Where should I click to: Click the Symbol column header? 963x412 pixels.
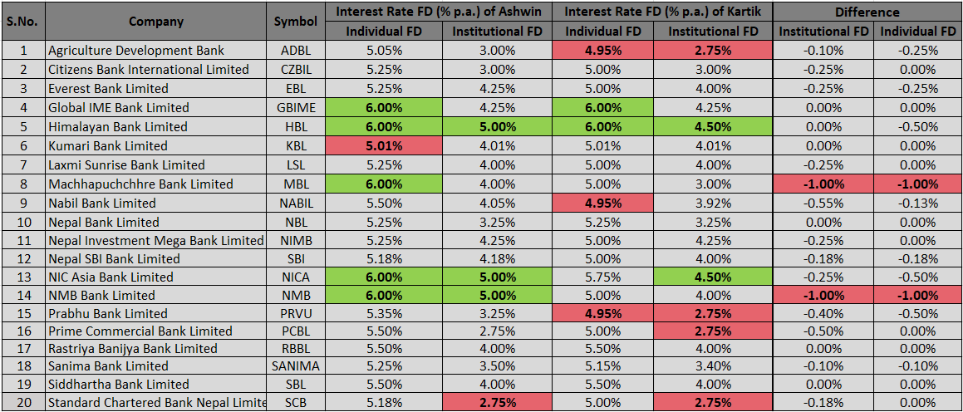coord(296,22)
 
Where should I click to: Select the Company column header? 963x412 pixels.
coord(156,22)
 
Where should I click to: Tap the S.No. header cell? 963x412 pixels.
coord(23,22)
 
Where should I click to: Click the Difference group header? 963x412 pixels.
coord(867,12)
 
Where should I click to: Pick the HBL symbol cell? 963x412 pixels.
coord(296,127)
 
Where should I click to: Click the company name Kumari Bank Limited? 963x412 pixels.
coord(107,146)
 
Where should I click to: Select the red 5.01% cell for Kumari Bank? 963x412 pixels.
coord(384,146)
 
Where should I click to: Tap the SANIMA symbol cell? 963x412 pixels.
coord(296,366)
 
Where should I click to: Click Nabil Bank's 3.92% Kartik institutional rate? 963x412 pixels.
coord(713,204)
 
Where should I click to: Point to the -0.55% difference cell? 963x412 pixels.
coord(823,204)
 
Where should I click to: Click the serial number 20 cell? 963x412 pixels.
coord(23,403)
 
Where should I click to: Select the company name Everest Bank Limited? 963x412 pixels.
coord(108,89)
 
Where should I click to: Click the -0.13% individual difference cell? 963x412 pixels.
coord(918,204)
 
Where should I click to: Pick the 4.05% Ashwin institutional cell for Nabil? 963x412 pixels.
coord(497,204)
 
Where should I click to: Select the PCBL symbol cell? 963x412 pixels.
coord(296,331)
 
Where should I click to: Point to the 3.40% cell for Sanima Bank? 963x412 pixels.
coord(713,366)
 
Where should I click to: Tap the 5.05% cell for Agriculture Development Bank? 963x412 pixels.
coord(384,51)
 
